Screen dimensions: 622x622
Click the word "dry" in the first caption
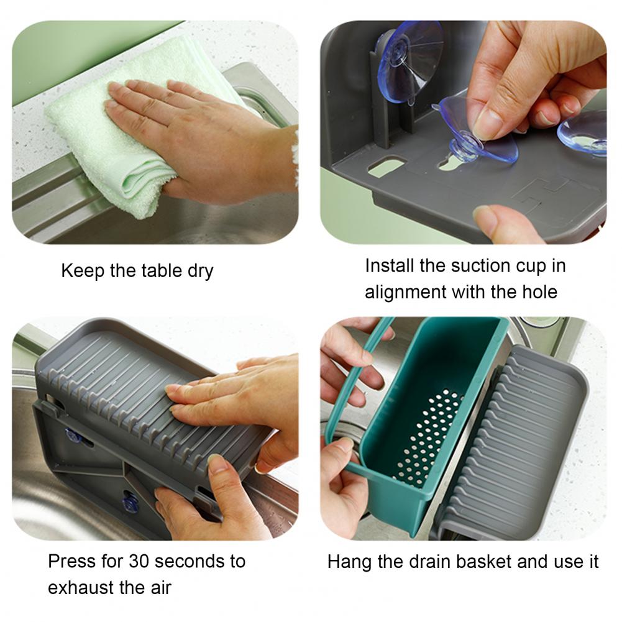[x=200, y=272]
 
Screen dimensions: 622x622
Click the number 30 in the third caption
[x=139, y=561]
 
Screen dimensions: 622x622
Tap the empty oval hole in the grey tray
[x=386, y=166]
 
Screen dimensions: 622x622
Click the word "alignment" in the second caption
[x=405, y=293]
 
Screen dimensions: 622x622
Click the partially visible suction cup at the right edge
[x=582, y=133]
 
